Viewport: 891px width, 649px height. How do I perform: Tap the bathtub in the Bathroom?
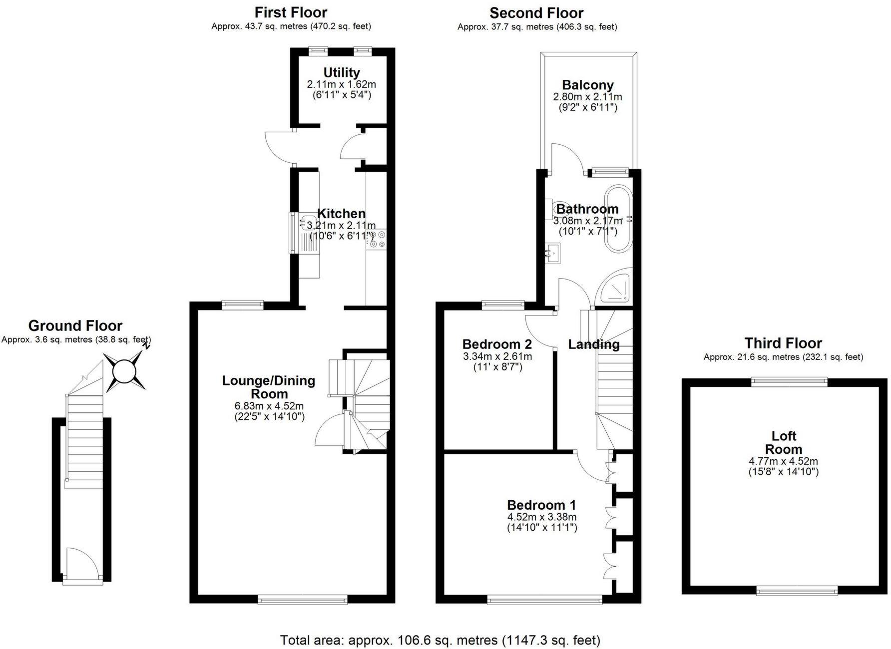(619, 220)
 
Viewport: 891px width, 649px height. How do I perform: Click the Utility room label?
(342, 72)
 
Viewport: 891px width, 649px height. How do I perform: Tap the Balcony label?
(587, 85)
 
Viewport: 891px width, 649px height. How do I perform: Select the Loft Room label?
(783, 442)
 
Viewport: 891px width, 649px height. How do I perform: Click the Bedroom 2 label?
(497, 344)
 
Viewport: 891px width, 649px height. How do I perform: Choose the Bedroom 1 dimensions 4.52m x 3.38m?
(542, 517)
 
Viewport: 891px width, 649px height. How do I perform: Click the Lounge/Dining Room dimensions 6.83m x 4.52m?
(269, 406)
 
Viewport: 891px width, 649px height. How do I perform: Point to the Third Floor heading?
(783, 343)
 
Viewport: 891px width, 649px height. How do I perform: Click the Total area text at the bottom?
(440, 640)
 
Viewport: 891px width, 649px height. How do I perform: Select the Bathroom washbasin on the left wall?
(553, 253)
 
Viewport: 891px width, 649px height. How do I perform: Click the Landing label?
(594, 344)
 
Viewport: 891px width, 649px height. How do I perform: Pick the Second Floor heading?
(536, 13)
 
